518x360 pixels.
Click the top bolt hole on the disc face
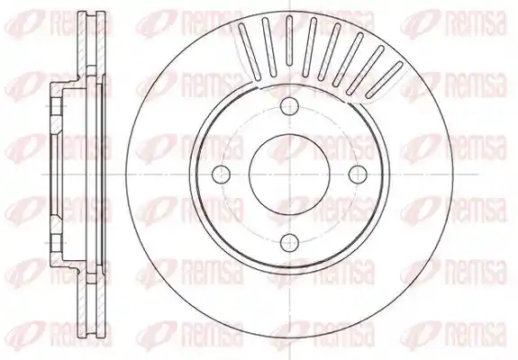pos(289,106)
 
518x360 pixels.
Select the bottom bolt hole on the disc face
pos(289,242)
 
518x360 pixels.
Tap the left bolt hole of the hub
pos(221,175)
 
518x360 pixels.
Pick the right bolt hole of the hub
pos(358,175)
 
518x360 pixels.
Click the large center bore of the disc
pos(289,175)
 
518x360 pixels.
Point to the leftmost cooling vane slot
pos(250,51)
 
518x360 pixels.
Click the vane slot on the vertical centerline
pos(289,40)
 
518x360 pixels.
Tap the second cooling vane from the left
pos(269,47)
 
